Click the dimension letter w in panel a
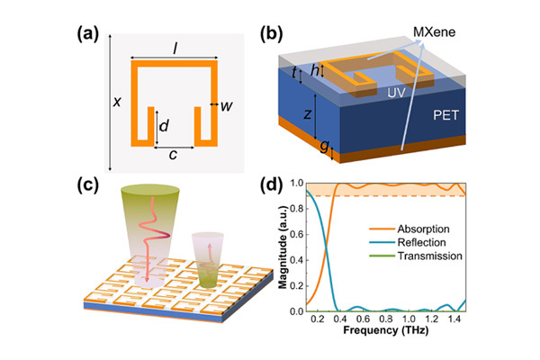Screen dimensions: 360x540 coord(227,106)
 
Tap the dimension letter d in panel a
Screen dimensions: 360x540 coord(163,127)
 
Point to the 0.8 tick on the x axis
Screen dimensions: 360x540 coord(387,319)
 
